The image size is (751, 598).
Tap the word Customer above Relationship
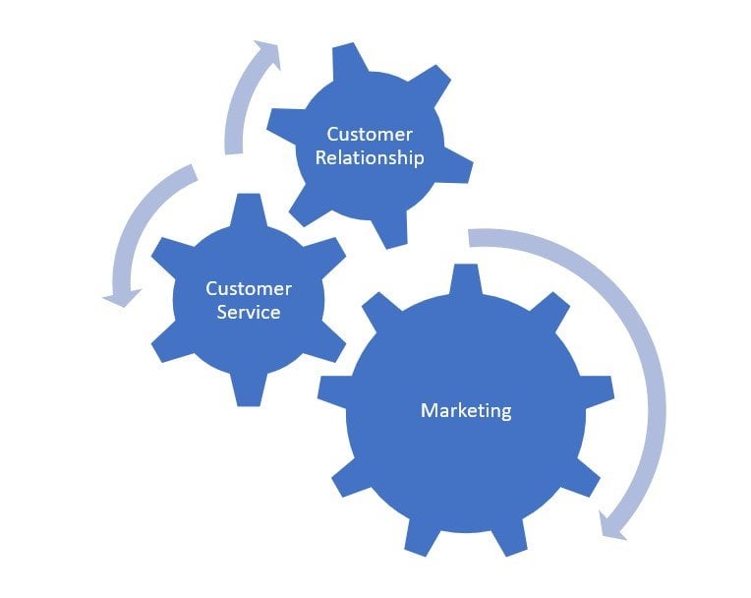370,134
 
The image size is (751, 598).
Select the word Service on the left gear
249,313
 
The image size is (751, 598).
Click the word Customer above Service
249,289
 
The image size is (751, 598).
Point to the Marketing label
466,410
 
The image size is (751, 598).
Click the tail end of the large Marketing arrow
476,237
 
